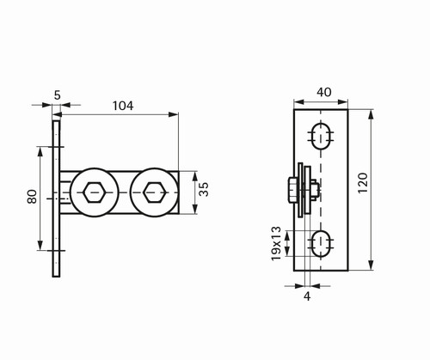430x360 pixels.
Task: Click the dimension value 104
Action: (x=123, y=106)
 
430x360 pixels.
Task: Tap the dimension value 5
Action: (x=58, y=95)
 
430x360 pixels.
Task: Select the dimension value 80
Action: (x=33, y=197)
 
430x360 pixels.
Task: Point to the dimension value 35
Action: (x=204, y=189)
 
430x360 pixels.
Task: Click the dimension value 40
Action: (x=324, y=92)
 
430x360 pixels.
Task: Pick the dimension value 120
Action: (x=363, y=183)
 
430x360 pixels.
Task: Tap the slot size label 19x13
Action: (x=276, y=244)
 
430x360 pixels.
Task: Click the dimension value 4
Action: (x=307, y=296)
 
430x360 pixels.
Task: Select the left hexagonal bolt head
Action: (x=94, y=192)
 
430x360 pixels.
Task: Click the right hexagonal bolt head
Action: (x=155, y=192)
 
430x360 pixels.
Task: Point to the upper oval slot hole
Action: (x=321, y=137)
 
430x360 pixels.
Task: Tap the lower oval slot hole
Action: (x=321, y=244)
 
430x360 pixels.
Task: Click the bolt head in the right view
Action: (x=293, y=190)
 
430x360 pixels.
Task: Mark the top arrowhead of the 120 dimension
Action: (x=371, y=114)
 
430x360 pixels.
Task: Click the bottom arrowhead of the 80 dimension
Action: (x=40, y=245)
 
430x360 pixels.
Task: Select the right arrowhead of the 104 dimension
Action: (x=173, y=114)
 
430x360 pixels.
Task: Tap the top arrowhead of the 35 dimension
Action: (x=195, y=176)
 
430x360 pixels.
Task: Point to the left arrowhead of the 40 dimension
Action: (x=299, y=101)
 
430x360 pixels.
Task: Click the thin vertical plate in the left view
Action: (x=56, y=198)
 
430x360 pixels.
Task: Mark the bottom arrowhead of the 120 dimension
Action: (x=371, y=265)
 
